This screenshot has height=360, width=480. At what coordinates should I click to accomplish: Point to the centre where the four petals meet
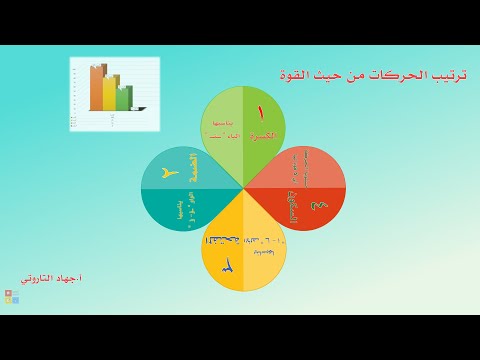click(x=244, y=187)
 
